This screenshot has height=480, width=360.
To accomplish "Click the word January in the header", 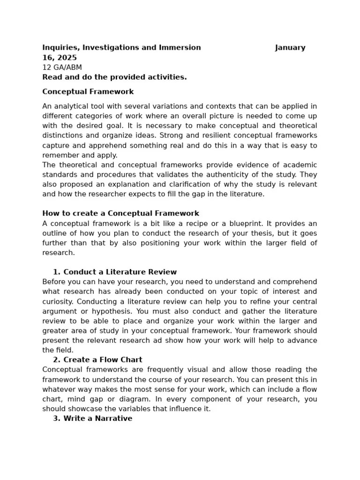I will click(x=290, y=48).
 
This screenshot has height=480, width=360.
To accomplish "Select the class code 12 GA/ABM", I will click(x=62, y=67).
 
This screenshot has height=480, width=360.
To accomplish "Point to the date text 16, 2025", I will click(x=60, y=58).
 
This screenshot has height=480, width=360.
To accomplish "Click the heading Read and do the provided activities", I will click(x=114, y=77).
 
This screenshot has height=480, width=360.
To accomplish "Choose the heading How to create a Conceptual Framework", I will click(x=120, y=213).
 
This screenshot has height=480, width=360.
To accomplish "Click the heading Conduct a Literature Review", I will click(x=120, y=272).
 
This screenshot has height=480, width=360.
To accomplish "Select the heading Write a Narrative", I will click(x=97, y=419).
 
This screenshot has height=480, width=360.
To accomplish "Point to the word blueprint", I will click(x=256, y=223).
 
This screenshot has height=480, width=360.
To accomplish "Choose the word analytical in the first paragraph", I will click(x=73, y=106).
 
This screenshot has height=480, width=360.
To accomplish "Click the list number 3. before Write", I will click(x=56, y=419).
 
